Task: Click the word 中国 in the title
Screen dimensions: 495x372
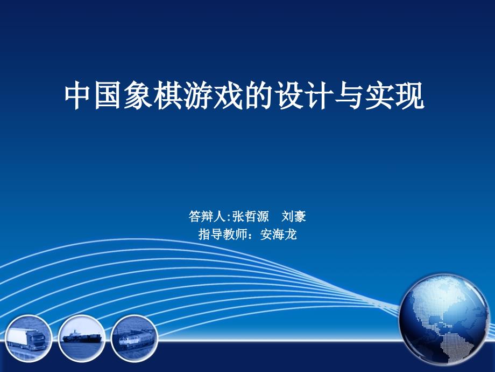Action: tap(94, 96)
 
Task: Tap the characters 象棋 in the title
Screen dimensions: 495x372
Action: tap(154, 96)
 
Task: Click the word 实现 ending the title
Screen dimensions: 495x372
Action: tap(394, 96)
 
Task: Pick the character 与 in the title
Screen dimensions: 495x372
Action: tap(349, 96)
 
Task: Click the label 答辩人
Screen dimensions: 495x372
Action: tap(207, 216)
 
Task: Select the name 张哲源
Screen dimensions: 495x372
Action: tap(250, 216)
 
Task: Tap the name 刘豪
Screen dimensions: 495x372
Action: tap(294, 216)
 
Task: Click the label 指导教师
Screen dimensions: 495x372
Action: tap(223, 235)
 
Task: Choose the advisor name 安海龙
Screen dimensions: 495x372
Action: tap(279, 235)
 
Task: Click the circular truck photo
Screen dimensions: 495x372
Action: tap(28, 338)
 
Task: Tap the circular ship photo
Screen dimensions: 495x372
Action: tap(82, 338)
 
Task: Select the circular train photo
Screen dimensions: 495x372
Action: tap(135, 338)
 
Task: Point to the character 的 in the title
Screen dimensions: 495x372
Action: tap(259, 96)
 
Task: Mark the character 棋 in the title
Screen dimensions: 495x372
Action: tap(168, 96)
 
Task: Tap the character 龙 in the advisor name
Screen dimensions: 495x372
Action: tap(291, 235)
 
